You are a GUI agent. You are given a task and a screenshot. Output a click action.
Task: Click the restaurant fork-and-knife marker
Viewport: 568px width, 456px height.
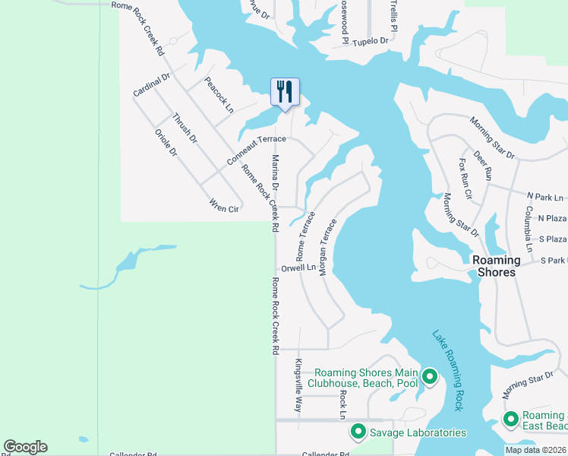point(285,93)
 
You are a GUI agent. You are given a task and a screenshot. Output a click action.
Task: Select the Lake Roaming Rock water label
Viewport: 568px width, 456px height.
point(447,370)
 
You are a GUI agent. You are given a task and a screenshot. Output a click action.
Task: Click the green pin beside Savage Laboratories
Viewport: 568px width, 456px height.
point(358,432)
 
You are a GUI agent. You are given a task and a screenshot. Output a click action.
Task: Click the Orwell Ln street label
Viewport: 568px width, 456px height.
point(298,268)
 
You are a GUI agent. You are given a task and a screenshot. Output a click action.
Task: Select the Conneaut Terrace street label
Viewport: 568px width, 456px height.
point(257,150)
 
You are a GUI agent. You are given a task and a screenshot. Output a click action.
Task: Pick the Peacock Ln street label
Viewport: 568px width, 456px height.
point(219,96)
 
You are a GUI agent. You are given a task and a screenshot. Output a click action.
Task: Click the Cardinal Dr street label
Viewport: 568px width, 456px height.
point(152,84)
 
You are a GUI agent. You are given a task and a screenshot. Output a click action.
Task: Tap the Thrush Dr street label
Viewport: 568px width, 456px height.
point(185,128)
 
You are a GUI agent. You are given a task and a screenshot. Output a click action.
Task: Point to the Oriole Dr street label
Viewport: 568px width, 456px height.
point(166,143)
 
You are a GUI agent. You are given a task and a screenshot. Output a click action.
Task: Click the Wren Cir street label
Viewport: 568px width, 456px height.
point(225,205)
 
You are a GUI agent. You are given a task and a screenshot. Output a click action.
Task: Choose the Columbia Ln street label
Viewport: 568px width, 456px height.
point(529,228)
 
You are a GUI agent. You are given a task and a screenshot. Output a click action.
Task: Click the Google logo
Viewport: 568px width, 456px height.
point(25,447)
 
